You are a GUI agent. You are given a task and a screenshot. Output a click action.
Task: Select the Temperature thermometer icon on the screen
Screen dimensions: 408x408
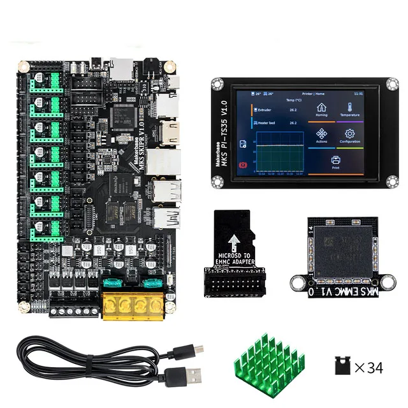point(350,108)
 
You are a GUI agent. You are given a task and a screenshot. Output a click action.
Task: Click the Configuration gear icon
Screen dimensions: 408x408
point(350,135)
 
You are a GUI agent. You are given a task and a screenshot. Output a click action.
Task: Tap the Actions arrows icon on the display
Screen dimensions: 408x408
point(322,135)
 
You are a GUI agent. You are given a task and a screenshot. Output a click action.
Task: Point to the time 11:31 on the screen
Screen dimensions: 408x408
point(358,93)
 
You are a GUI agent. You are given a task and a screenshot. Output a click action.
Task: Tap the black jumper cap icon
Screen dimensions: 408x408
point(341,367)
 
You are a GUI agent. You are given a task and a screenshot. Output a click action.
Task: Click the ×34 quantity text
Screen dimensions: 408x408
point(368,367)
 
